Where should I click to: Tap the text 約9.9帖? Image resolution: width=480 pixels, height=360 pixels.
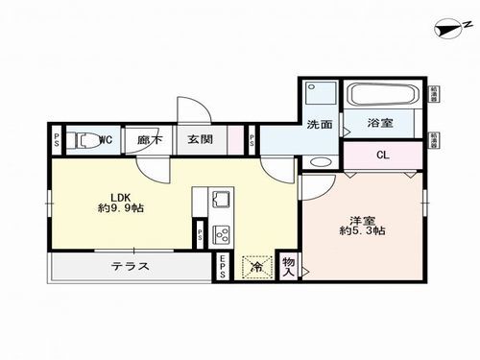point(118,207)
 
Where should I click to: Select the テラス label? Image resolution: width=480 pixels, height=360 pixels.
point(130,266)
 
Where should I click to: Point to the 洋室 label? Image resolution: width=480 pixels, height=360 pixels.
point(361,217)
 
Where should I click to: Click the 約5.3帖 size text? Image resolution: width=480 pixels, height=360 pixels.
point(362,230)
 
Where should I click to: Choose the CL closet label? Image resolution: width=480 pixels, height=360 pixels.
point(381,156)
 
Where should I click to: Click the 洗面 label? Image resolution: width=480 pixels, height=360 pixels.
point(320,124)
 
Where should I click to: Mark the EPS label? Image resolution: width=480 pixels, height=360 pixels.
point(221,268)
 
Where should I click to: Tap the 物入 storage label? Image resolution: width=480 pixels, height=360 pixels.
point(288,266)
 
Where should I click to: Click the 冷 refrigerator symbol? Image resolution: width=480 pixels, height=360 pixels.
point(255,267)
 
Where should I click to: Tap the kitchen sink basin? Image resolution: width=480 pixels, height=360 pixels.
point(220,201)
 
